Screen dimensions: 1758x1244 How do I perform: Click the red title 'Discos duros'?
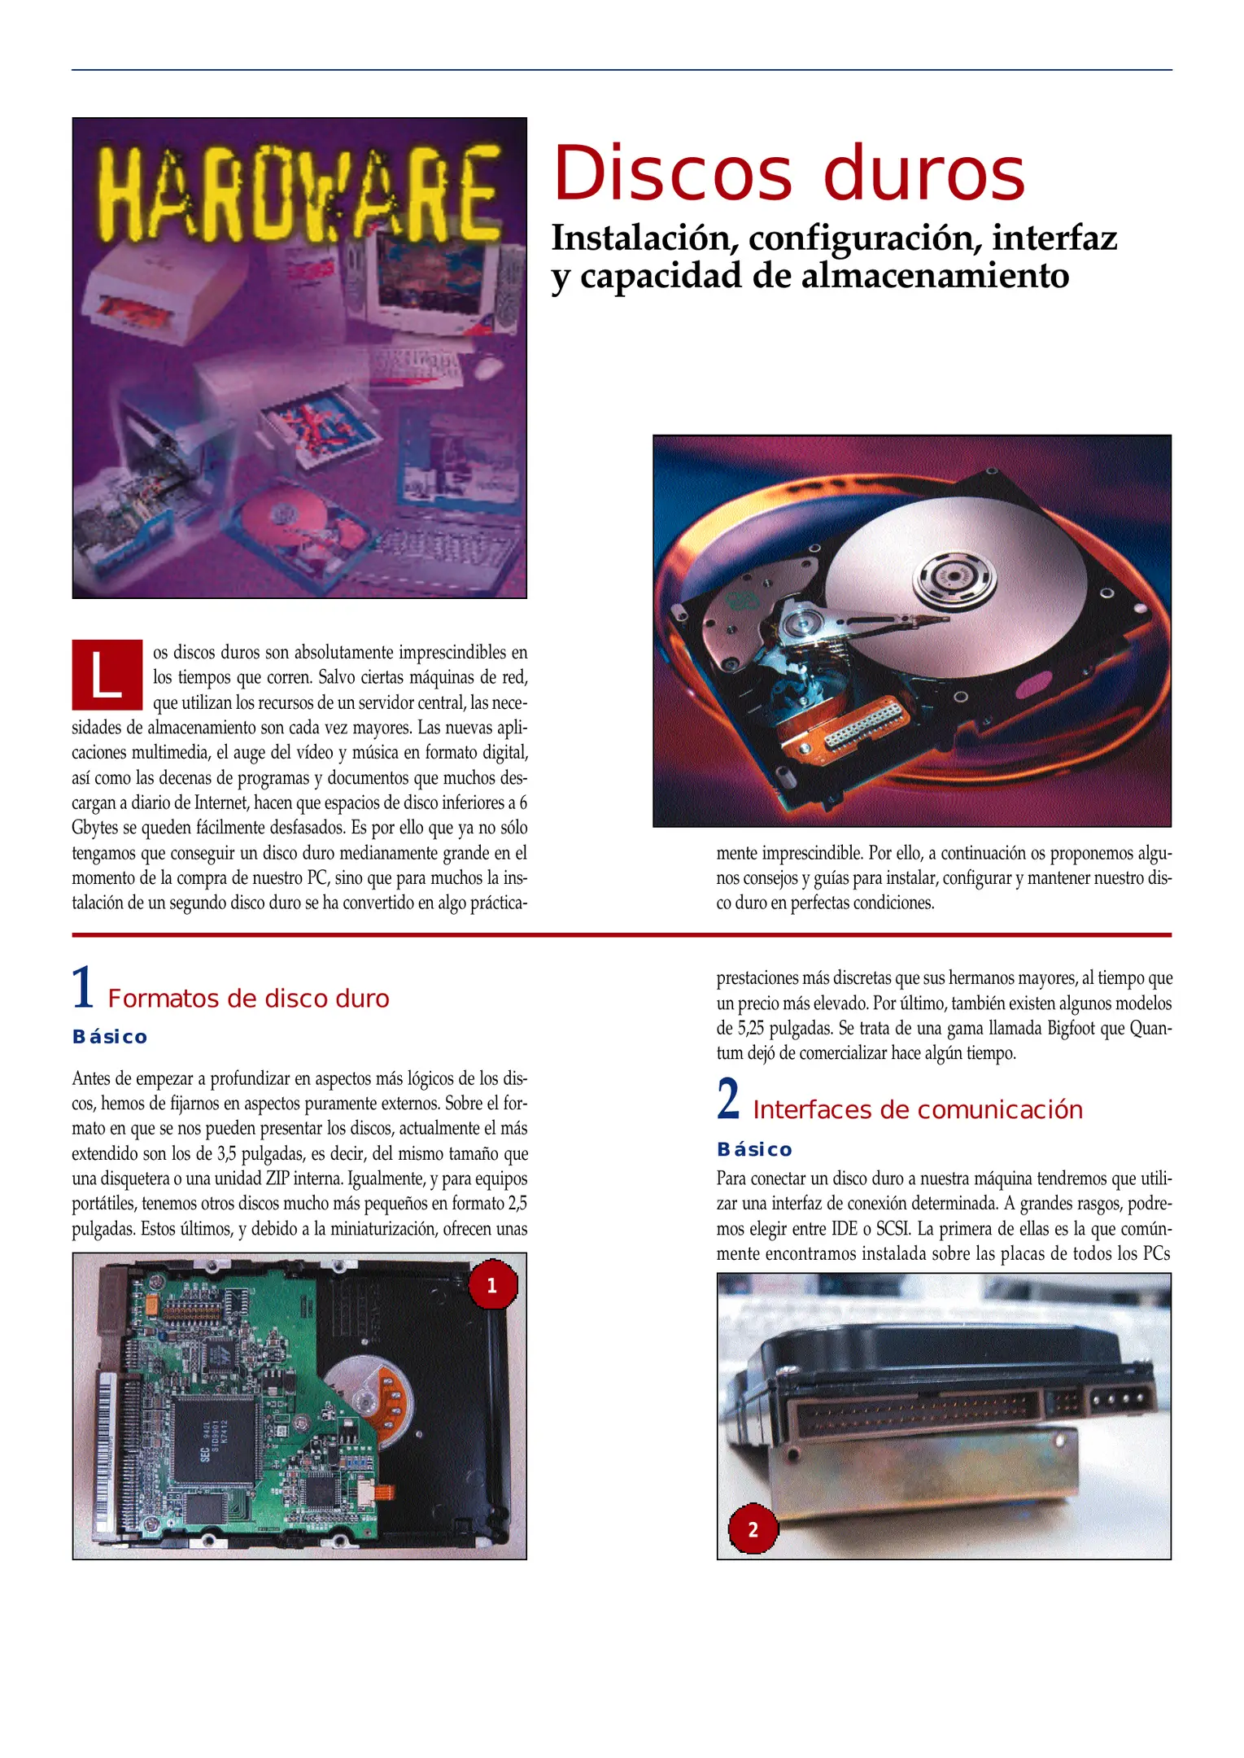(x=789, y=173)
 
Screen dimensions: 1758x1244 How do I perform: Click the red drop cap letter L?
(x=107, y=676)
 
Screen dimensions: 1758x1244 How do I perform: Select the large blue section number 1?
(x=83, y=988)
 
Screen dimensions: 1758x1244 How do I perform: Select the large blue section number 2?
(x=728, y=1099)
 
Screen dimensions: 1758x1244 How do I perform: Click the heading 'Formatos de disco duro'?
(x=248, y=999)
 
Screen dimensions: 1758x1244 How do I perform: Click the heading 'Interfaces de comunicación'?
(x=917, y=1110)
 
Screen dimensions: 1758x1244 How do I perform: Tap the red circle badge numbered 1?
(x=491, y=1285)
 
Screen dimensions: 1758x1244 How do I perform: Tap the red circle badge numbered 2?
(x=753, y=1529)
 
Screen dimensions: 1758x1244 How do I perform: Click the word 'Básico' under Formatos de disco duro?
(x=110, y=1037)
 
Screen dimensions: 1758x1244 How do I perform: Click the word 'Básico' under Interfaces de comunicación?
(x=754, y=1149)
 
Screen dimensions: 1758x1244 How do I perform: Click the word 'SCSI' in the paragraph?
(x=893, y=1228)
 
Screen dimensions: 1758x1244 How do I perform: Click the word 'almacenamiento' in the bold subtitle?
(x=935, y=276)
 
